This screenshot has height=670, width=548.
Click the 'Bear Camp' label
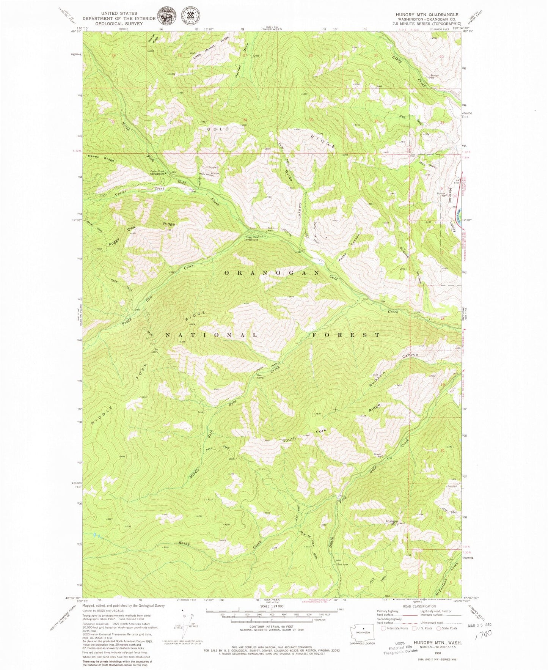(261, 376)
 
